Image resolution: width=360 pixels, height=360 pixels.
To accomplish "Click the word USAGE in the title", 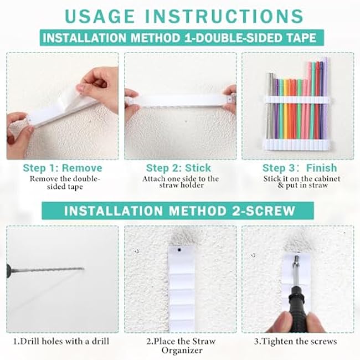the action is click(x=100, y=16).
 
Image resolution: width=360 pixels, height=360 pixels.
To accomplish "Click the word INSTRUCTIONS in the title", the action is click(x=224, y=16).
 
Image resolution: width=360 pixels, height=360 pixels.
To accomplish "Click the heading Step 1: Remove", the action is click(x=63, y=168).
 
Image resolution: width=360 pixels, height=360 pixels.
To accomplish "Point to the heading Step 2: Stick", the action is click(x=178, y=168).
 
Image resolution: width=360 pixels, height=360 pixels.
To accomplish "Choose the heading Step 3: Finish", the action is click(x=300, y=168).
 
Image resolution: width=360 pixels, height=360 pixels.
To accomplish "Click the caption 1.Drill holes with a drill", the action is click(x=61, y=341).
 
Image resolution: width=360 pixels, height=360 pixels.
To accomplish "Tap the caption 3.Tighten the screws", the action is click(x=296, y=341).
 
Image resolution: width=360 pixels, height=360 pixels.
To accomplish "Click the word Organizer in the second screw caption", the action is click(x=182, y=351).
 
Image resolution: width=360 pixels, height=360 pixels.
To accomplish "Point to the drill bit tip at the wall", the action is click(x=83, y=269).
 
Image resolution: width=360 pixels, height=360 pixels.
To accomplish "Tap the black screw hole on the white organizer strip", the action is click(x=179, y=250).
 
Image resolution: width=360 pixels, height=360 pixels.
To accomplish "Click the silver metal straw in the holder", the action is click(x=270, y=106).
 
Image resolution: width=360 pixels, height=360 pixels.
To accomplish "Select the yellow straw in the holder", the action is click(x=286, y=109).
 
